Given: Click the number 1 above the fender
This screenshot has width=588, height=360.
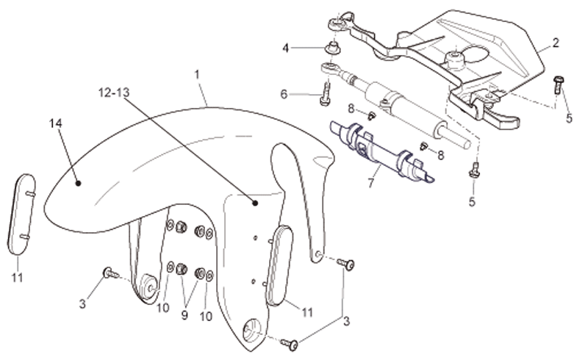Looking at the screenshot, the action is point(197,75).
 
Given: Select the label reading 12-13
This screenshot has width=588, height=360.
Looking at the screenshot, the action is point(114,93).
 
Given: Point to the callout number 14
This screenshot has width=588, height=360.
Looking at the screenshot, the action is point(56,123).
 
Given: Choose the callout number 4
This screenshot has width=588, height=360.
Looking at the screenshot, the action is point(286,48).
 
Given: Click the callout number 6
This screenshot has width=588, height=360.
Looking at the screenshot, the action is point(284,95).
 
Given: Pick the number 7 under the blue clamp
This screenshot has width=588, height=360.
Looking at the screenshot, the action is point(371,183).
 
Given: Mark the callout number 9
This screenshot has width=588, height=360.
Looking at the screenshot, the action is point(184,315).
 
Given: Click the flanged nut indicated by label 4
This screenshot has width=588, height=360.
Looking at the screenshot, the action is point(333,48).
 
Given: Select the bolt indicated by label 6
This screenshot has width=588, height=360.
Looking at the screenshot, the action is point(326,94).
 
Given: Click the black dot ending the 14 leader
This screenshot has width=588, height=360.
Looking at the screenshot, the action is point(78,183).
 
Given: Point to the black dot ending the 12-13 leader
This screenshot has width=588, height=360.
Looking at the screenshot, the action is point(255,203).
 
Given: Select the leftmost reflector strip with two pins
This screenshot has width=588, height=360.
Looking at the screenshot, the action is point(22,215).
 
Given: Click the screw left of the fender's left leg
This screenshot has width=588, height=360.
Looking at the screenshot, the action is point(111,273).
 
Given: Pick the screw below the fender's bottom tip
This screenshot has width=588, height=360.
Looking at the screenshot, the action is point(290,344).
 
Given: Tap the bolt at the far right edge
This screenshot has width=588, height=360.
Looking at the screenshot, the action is point(558,84).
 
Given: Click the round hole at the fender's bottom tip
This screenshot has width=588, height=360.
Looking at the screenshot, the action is point(251,329).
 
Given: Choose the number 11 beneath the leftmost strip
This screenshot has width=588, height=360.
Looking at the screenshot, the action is point(17,278).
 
